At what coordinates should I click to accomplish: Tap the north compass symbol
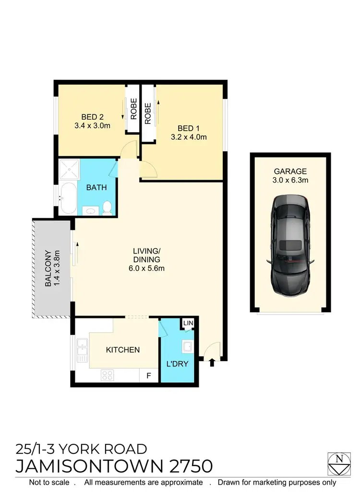[339, 463]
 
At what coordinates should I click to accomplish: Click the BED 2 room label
[92, 117]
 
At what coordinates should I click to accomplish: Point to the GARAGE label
[290, 171]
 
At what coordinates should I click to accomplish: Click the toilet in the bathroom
[108, 207]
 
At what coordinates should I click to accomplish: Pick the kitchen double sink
[82, 351]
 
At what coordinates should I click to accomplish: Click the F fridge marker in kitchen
[148, 376]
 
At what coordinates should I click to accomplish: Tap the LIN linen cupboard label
[188, 324]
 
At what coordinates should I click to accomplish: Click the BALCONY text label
[48, 268]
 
